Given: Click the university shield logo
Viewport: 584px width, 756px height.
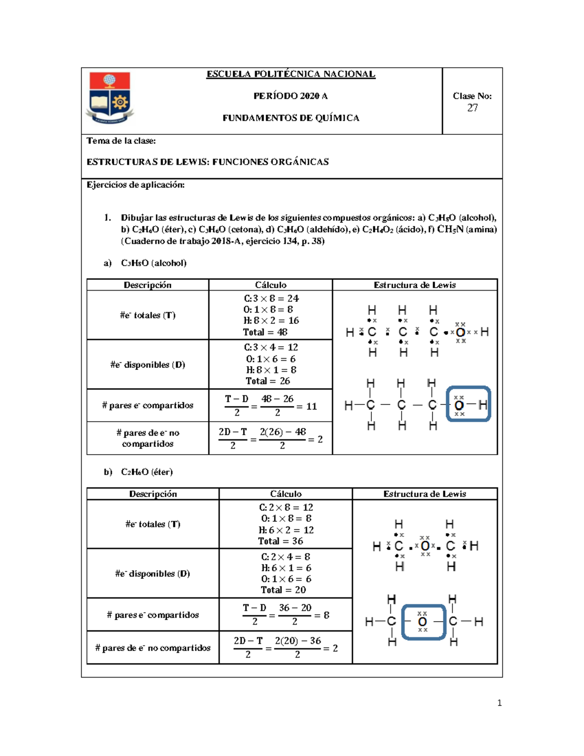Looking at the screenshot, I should click(x=110, y=97).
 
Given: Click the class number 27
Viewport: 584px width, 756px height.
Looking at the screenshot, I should click(x=472, y=108).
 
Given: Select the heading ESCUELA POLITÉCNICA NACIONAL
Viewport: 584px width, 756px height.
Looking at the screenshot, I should click(x=291, y=74).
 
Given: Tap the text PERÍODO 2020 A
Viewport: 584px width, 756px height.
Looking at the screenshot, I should click(x=291, y=96).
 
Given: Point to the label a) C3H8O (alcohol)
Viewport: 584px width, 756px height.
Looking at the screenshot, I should click(x=145, y=263).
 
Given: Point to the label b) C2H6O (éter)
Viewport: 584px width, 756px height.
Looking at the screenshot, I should click(x=138, y=472).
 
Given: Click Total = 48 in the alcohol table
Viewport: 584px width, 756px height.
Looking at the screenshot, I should click(x=265, y=332).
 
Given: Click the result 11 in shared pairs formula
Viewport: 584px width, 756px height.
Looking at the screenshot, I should click(x=311, y=406).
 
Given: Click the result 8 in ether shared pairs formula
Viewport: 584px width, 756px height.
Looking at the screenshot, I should click(x=327, y=615).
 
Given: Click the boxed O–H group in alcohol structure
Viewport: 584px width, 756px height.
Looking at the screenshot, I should click(x=468, y=404).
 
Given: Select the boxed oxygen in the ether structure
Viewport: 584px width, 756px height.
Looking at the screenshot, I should click(x=423, y=622).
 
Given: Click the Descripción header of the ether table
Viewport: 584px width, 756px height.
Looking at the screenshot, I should click(x=153, y=494).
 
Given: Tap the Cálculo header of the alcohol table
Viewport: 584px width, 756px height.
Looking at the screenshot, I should click(x=271, y=285).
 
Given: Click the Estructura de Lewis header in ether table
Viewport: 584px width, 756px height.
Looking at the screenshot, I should click(x=424, y=494).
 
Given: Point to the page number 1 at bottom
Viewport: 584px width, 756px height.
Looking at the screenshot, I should click(x=499, y=702).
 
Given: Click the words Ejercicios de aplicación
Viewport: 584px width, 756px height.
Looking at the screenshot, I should click(x=135, y=184).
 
